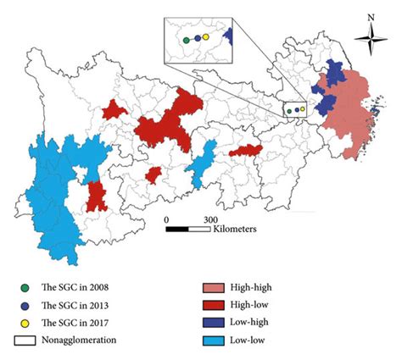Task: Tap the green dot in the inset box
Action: (186, 39)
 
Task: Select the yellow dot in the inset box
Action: (206, 37)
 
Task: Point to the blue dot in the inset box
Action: (197, 38)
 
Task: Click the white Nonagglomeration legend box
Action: (24, 340)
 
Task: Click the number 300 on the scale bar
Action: (201, 218)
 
